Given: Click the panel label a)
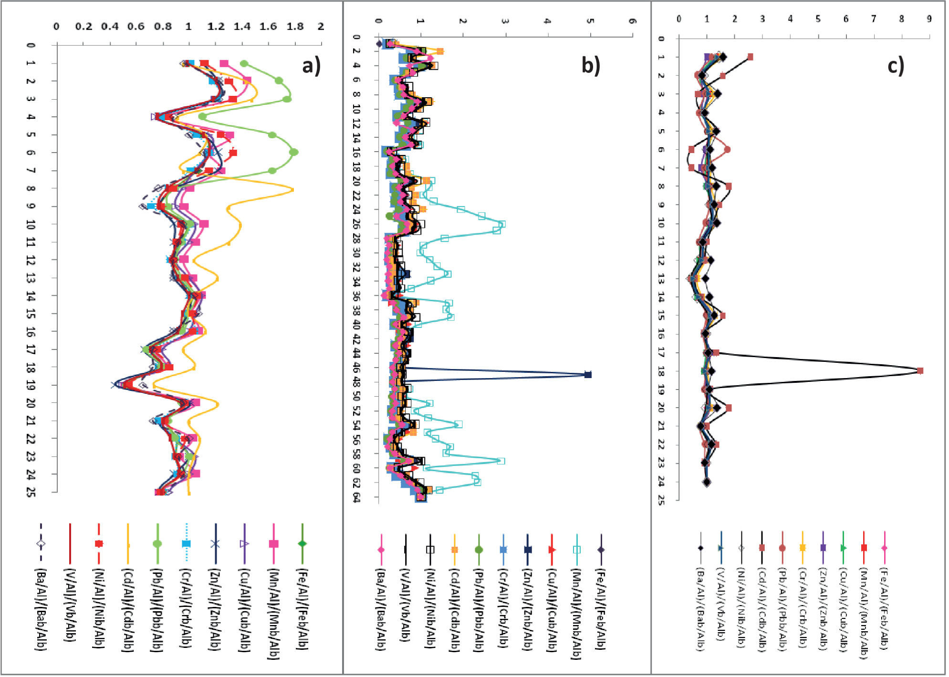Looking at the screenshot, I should click(x=311, y=66).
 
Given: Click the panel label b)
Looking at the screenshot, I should click(x=590, y=65).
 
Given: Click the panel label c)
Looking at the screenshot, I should click(x=896, y=66).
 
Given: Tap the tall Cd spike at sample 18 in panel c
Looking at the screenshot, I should click(x=920, y=370).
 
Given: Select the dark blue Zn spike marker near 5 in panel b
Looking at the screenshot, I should click(x=588, y=375).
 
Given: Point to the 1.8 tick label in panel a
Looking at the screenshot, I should click(x=295, y=27).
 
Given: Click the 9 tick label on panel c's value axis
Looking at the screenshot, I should click(x=928, y=19).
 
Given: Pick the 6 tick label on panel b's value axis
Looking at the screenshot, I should click(x=632, y=21).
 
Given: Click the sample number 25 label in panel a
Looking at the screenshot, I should click(x=31, y=492).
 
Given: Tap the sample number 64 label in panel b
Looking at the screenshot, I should click(x=356, y=497).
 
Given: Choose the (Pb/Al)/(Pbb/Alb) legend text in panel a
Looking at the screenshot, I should click(x=156, y=610).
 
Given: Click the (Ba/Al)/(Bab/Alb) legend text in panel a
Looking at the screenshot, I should click(x=42, y=610).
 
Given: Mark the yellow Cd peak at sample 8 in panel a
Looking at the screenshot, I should click(x=292, y=190).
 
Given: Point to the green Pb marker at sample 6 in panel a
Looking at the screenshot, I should click(x=294, y=152).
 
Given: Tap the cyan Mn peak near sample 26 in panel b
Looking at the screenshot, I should click(x=501, y=224).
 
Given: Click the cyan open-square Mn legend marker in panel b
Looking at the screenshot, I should click(x=576, y=550).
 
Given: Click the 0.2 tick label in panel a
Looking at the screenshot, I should click(x=84, y=27).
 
